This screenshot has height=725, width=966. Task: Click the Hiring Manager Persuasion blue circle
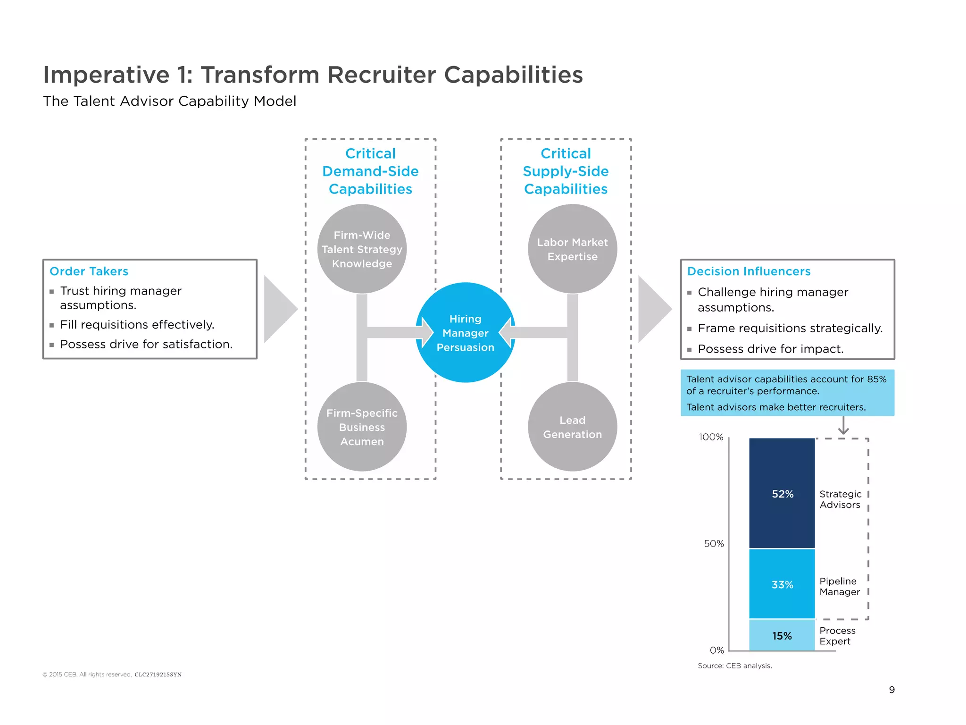tap(465, 333)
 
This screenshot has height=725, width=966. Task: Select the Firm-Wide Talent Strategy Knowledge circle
tap(362, 249)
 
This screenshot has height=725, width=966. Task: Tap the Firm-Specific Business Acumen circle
tap(362, 427)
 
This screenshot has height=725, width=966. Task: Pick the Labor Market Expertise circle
tap(572, 249)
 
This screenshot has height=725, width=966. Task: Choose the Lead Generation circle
tap(572, 427)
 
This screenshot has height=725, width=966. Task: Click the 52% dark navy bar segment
tap(782, 494)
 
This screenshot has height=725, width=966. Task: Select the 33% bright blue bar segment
tap(782, 584)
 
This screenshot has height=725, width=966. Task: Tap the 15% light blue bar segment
tap(782, 636)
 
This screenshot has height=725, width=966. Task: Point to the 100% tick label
tap(711, 437)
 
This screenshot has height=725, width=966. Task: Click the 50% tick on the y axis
tap(714, 544)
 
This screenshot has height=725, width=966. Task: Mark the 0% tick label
tap(716, 650)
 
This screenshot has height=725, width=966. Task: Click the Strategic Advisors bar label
tap(840, 499)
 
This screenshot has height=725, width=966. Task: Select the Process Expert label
tap(837, 636)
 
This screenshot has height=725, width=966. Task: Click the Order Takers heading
tap(89, 271)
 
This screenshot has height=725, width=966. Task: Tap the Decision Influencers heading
tap(749, 271)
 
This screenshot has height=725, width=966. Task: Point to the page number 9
tap(891, 690)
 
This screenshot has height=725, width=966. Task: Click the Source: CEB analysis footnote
tap(734, 666)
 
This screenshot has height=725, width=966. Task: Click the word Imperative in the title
tap(106, 75)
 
